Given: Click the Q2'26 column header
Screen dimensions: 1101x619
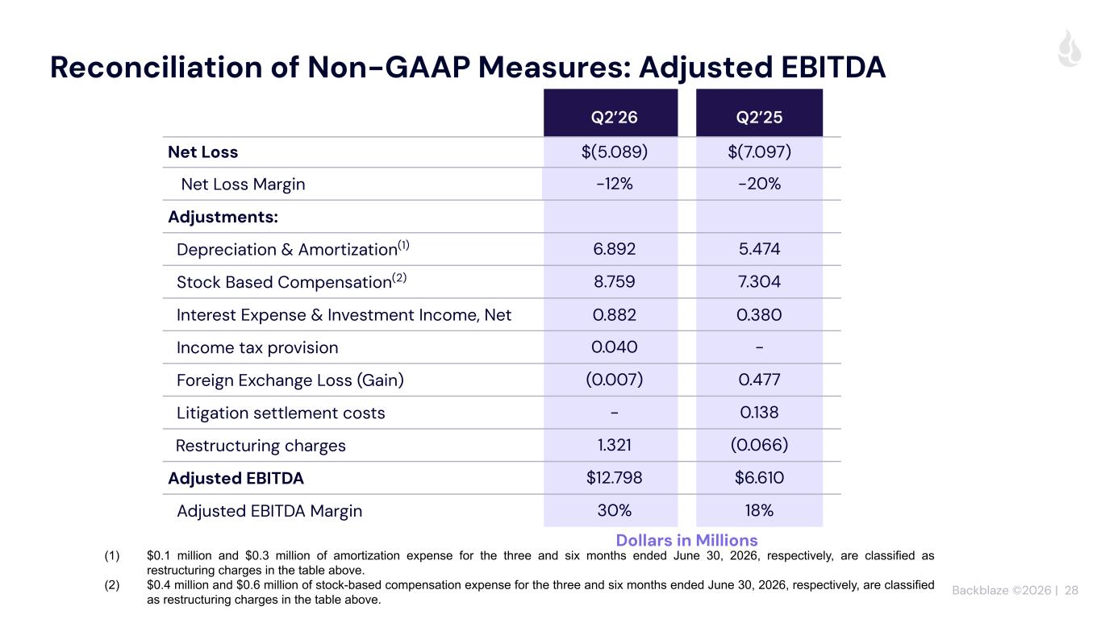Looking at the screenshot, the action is (x=614, y=117).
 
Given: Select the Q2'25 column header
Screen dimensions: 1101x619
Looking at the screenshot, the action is (x=759, y=117).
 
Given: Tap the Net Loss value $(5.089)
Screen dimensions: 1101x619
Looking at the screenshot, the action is (x=614, y=152).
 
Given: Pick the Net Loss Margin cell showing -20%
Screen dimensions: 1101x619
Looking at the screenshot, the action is (x=759, y=184).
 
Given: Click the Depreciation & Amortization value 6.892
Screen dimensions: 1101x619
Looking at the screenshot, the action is (x=614, y=248).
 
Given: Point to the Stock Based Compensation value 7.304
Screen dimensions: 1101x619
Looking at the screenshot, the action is (x=759, y=281).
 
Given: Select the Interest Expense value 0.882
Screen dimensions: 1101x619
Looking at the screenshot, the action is (x=614, y=314).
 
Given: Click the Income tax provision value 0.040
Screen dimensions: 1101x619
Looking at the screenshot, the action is (x=614, y=347).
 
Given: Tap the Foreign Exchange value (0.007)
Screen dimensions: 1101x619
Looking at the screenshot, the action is (x=614, y=380).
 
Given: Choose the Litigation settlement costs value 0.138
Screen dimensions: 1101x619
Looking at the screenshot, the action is (x=759, y=412).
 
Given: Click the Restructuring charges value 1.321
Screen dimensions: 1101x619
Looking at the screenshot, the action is (x=614, y=445).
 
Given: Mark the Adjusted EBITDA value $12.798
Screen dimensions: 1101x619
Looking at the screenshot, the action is (x=614, y=477).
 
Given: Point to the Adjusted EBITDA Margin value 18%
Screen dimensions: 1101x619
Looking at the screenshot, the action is (x=759, y=510).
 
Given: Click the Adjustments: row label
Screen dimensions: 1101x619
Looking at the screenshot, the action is (x=223, y=217).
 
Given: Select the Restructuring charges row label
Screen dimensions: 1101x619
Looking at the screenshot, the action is (x=261, y=446).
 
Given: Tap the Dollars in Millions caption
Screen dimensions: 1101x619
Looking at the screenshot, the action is (x=686, y=540).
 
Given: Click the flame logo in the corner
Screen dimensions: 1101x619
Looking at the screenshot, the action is (x=1070, y=48).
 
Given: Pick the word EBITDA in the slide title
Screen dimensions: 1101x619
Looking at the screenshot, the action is (x=833, y=68).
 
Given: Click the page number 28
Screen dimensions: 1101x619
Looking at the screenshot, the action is (x=1071, y=590).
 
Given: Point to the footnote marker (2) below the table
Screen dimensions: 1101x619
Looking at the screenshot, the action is (x=111, y=585).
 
